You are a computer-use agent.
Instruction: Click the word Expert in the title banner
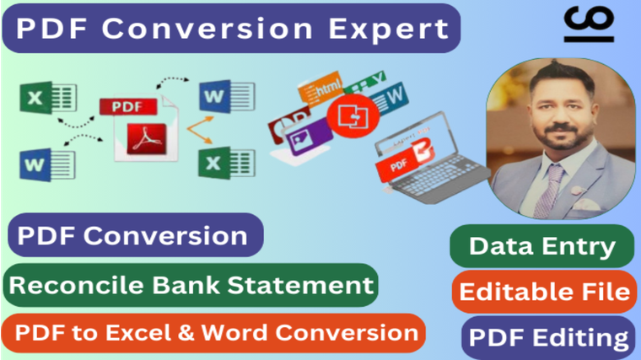(x=389, y=29)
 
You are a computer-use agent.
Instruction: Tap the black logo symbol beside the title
(x=589, y=24)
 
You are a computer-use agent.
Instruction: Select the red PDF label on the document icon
(x=128, y=107)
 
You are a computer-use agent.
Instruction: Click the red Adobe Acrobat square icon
(x=147, y=139)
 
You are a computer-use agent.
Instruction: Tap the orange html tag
(x=320, y=87)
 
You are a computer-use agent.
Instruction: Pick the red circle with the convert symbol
(x=353, y=116)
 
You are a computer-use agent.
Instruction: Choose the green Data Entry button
(x=542, y=246)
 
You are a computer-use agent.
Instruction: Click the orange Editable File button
(x=544, y=292)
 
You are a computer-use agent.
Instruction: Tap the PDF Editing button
(x=548, y=337)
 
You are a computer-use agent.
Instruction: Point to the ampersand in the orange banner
(x=186, y=332)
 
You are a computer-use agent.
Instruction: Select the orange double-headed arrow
(x=201, y=130)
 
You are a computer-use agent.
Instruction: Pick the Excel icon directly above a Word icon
(x=48, y=98)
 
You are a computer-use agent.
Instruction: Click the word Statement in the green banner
(x=300, y=285)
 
